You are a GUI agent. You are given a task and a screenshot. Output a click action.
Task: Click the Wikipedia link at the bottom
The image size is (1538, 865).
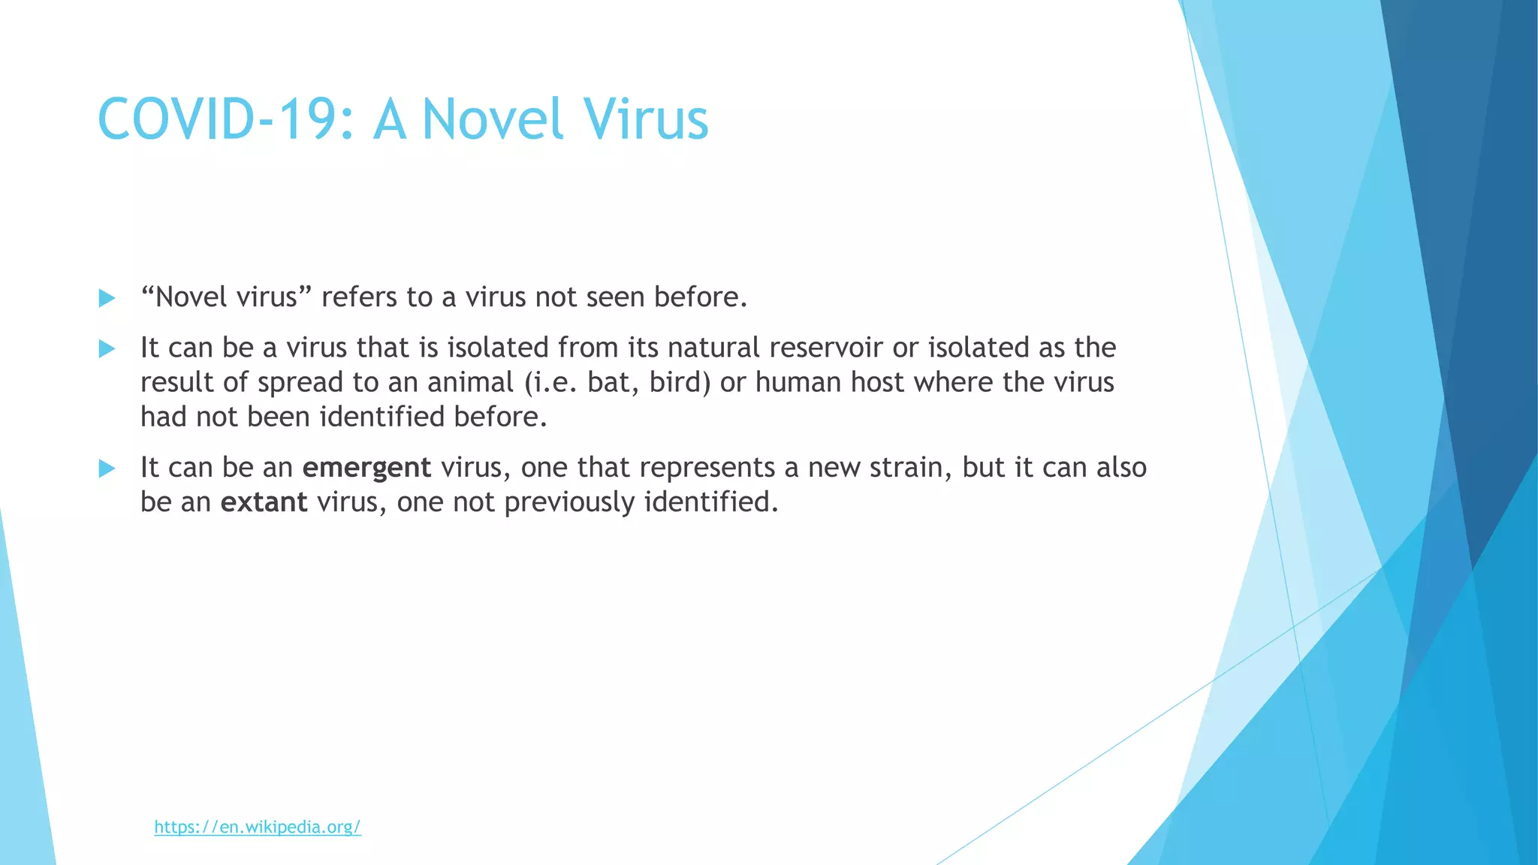258,827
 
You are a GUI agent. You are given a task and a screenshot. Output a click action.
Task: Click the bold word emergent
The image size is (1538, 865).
366,468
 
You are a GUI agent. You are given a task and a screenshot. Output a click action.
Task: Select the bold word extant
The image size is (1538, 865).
264,502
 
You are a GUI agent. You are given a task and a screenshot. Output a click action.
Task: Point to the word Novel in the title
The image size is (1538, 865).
493,119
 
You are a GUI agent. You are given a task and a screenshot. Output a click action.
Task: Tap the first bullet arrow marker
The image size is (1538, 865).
107,298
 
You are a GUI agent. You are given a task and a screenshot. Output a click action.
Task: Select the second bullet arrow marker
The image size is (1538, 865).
107,348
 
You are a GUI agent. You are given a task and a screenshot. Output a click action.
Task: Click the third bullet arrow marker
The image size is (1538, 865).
107,469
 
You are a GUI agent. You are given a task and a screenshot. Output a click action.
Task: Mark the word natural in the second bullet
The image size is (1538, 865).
713,348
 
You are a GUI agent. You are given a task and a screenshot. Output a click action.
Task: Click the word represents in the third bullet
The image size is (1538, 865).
707,468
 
